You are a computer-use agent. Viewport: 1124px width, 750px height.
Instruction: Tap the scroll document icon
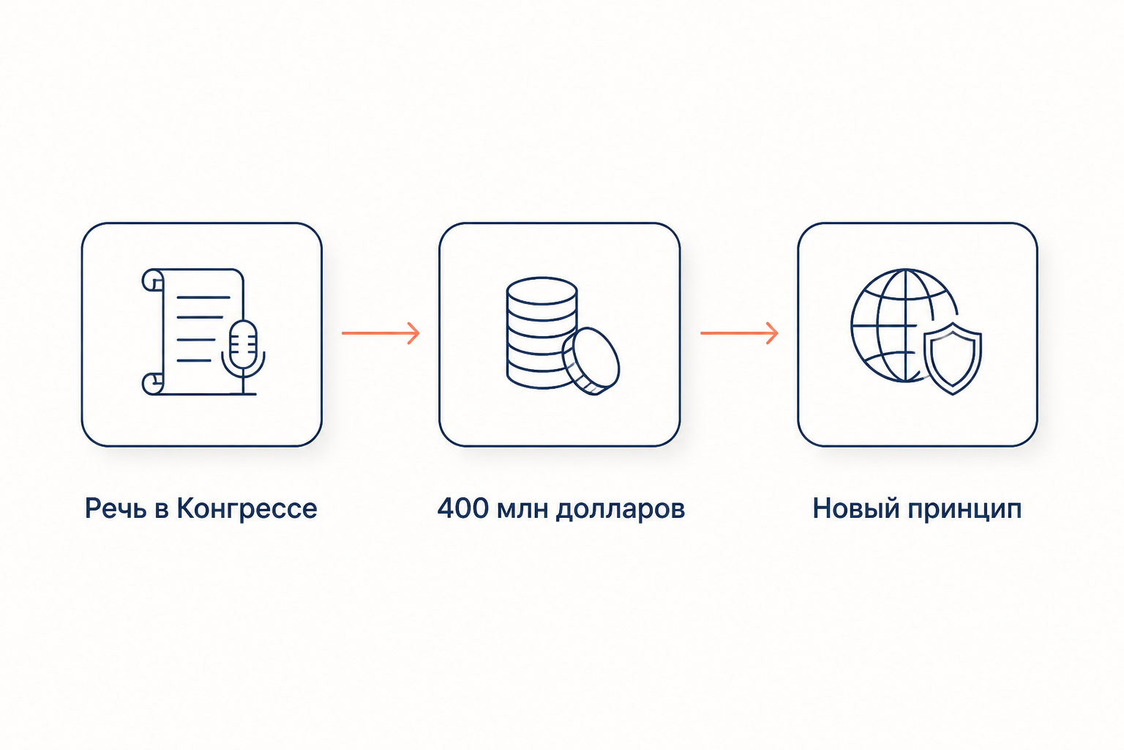(x=193, y=332)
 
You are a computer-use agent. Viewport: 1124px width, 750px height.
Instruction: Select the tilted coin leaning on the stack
(x=591, y=361)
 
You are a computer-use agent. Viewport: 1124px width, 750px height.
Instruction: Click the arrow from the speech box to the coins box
(x=381, y=333)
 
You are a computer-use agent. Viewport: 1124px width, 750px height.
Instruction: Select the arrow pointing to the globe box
(x=739, y=333)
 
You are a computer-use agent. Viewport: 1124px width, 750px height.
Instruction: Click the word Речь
(x=116, y=508)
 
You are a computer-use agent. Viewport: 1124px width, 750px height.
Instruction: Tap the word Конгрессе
(x=247, y=508)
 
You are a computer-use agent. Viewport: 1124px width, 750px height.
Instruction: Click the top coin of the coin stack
(x=542, y=291)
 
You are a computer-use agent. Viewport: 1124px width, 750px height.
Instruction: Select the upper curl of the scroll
(x=153, y=280)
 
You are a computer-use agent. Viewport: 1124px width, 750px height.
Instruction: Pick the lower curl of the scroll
(x=153, y=384)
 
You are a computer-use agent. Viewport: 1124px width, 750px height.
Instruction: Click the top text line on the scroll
(x=203, y=297)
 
